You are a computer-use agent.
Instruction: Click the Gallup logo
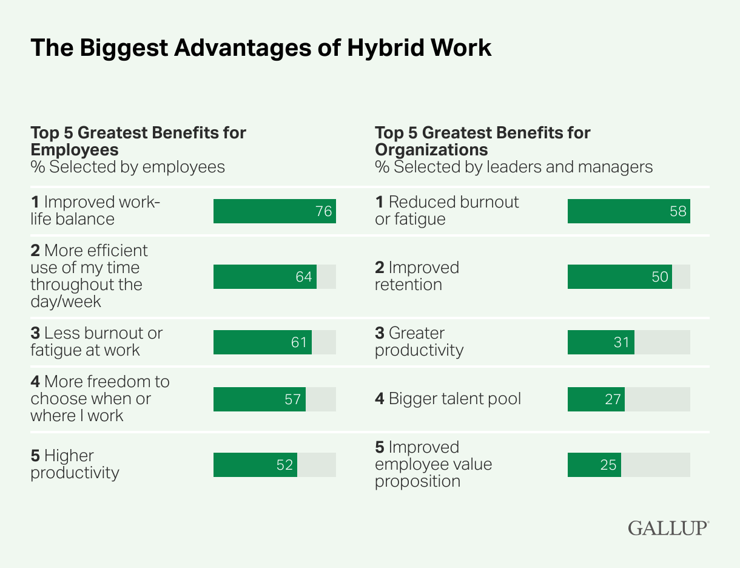(668, 527)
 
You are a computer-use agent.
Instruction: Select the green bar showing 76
(274, 211)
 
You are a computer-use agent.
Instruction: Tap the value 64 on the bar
(303, 277)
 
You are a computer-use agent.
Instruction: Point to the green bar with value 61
(262, 342)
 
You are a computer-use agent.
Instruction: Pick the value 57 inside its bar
(293, 399)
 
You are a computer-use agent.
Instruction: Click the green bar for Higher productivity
(255, 465)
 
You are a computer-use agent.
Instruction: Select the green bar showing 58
(628, 211)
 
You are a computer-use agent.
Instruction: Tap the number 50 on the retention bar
(659, 277)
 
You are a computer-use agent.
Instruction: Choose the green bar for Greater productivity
(600, 342)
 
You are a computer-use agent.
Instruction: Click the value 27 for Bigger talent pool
(613, 399)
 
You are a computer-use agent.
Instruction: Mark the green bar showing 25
(594, 465)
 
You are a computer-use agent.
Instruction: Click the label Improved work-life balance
(95, 211)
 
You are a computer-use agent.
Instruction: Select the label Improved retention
(417, 276)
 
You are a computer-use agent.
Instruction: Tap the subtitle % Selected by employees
(127, 167)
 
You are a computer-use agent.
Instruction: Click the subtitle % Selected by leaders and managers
(514, 167)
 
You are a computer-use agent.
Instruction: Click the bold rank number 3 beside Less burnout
(35, 333)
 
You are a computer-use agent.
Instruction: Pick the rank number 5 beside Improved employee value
(380, 447)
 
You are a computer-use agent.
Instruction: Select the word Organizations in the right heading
(431, 149)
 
